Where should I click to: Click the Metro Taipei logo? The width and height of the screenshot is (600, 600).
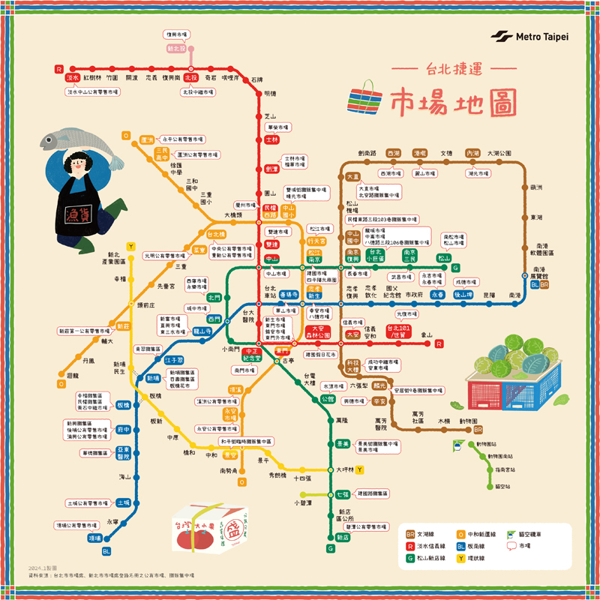[529, 37]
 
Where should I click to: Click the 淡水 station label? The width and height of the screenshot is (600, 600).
[73, 77]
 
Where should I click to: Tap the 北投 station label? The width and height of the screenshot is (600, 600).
[190, 77]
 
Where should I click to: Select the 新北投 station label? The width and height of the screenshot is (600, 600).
[175, 49]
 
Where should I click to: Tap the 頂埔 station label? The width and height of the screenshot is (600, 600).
[94, 538]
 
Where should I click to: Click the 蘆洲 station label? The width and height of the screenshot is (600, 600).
[146, 139]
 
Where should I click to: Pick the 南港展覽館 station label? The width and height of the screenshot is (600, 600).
[539, 273]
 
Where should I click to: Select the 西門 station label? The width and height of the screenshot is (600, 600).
[214, 319]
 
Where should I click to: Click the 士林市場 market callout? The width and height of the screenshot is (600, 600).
[294, 161]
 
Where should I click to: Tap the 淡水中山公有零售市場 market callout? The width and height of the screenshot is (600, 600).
[93, 91]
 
